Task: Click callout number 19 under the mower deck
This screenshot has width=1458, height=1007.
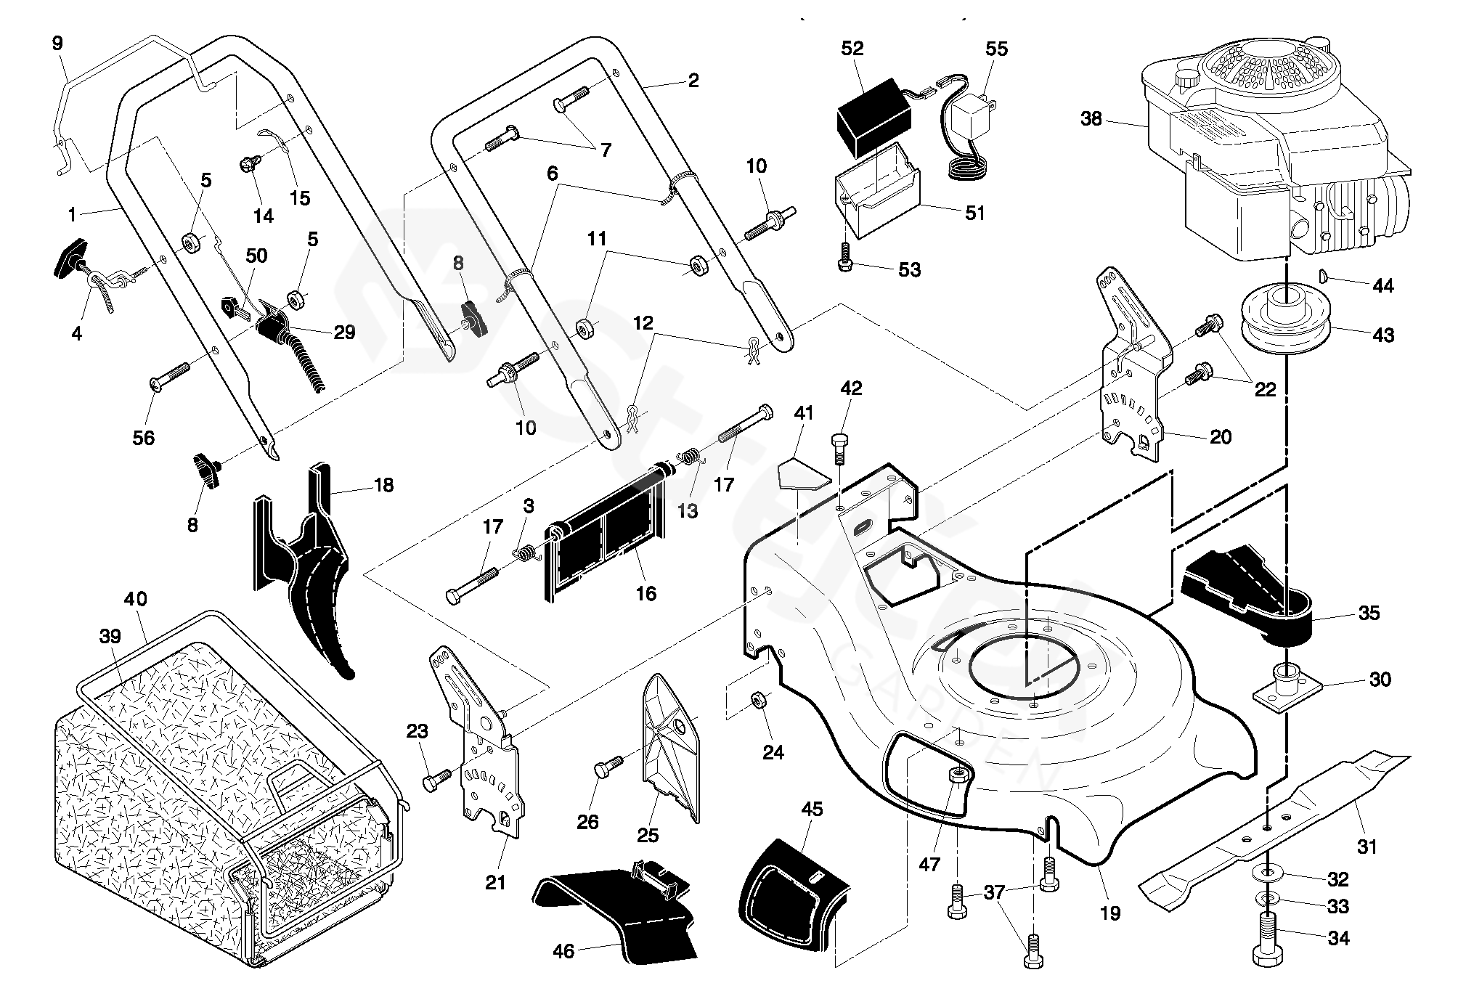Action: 1110,913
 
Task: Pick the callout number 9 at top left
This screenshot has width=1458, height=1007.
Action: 57,44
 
